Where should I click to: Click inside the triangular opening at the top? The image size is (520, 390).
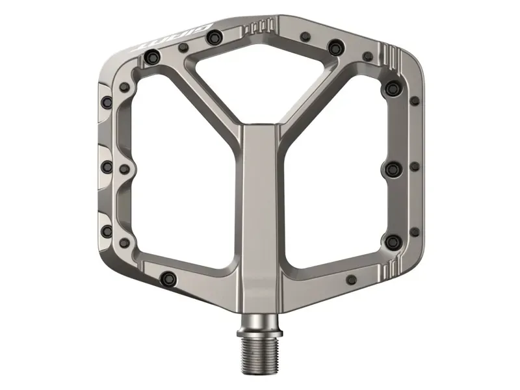(260, 78)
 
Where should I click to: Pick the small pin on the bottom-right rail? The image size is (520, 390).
(352, 279)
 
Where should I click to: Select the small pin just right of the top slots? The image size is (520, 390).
(304, 36)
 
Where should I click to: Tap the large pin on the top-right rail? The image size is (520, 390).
(335, 47)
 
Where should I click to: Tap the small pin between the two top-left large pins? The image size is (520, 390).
(184, 47)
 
